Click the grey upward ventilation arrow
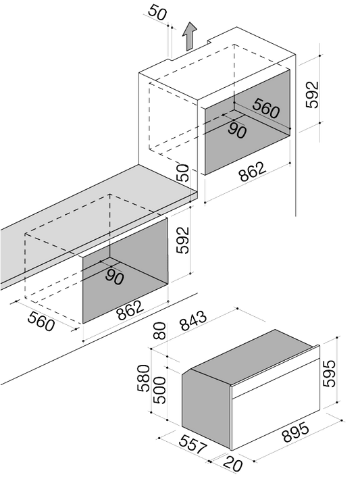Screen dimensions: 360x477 point(189,36)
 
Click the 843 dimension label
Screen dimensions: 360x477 point(193,320)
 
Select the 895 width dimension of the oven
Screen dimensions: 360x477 point(296,432)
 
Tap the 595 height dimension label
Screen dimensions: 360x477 point(329,374)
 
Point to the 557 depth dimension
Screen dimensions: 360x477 point(192,445)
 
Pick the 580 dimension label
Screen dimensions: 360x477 point(143,378)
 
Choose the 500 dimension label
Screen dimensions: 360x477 point(159,391)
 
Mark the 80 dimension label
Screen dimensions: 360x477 point(159,330)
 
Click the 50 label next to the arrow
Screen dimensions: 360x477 point(158,13)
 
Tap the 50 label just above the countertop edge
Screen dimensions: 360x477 point(182,173)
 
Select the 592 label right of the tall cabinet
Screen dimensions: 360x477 point(312,95)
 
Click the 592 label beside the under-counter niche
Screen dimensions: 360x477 point(183,241)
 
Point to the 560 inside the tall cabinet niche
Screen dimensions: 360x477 point(265,108)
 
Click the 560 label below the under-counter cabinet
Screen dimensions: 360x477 point(41,321)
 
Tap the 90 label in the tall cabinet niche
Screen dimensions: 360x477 point(237,130)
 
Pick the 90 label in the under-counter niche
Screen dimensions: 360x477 point(115,276)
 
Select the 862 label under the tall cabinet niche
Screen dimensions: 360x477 point(253,172)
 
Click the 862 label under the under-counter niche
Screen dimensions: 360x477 point(130,310)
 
